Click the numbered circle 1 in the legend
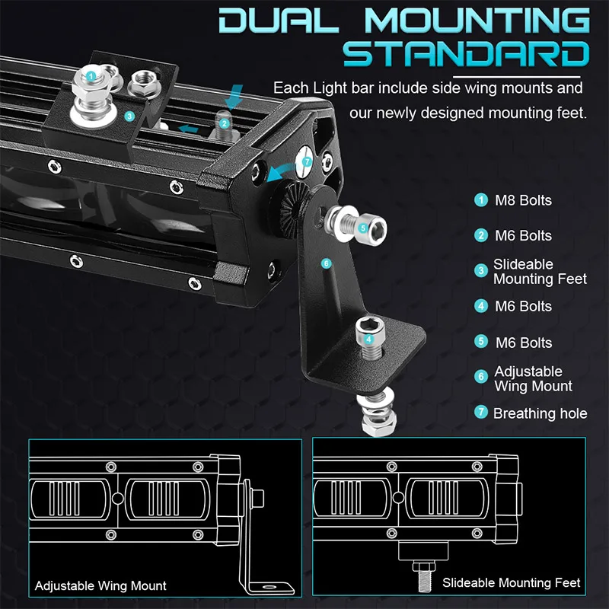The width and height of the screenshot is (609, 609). click(481, 201)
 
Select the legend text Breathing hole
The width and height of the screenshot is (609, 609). click(540, 413)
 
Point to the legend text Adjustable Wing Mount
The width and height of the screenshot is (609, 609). click(533, 378)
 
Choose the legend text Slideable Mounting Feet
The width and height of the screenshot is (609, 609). click(540, 272)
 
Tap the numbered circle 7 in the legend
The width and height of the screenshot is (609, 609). click(481, 413)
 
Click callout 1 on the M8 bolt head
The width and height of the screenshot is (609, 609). click(91, 75)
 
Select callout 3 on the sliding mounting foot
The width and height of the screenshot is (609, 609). click(129, 116)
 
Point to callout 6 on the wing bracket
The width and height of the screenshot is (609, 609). click(326, 263)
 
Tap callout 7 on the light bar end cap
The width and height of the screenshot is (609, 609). click(307, 162)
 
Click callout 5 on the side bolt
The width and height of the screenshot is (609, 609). click(362, 227)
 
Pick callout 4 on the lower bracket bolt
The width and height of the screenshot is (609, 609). click(369, 340)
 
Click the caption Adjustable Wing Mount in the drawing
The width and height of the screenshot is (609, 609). click(100, 586)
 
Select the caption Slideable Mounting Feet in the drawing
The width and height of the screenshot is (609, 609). click(512, 583)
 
